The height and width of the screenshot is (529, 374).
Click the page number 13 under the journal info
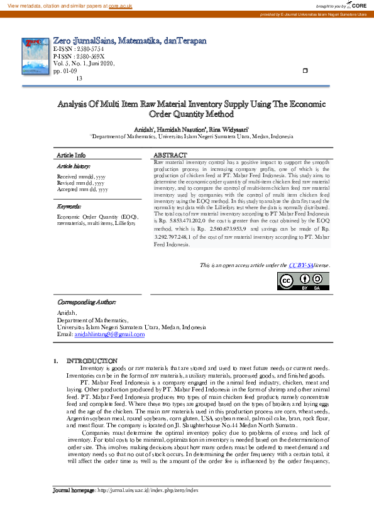[x=79, y=78]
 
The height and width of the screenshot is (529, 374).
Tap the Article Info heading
[x=71, y=155]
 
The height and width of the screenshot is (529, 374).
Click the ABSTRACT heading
[x=170, y=155]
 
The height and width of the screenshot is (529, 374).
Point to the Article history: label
[x=72, y=166]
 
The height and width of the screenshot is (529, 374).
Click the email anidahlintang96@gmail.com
[x=109, y=335]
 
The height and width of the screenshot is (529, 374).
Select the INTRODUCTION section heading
[x=92, y=361]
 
